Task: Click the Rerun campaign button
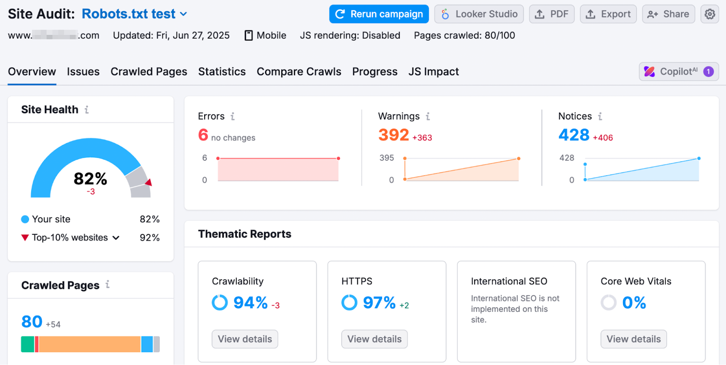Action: click(x=379, y=14)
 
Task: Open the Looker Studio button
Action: click(x=479, y=14)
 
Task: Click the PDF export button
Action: click(x=552, y=14)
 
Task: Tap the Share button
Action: click(x=668, y=14)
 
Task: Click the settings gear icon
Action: click(x=710, y=14)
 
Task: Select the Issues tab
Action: click(x=83, y=72)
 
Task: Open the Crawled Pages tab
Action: click(x=149, y=72)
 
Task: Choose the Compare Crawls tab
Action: click(x=299, y=72)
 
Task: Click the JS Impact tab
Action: click(x=433, y=72)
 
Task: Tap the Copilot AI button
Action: click(x=678, y=72)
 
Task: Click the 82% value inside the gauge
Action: click(x=90, y=179)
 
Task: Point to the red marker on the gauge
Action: click(x=148, y=182)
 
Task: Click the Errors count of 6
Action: click(x=203, y=135)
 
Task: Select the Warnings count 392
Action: click(x=393, y=135)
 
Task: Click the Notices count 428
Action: click(x=574, y=135)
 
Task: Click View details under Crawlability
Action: click(x=245, y=339)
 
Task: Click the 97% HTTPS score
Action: click(x=379, y=302)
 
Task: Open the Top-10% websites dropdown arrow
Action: click(x=116, y=238)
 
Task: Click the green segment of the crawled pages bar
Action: click(x=27, y=344)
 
